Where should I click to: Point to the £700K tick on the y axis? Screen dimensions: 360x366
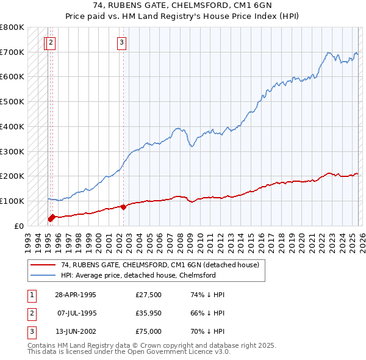coord(12,52)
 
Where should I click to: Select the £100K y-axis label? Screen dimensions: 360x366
coord(12,201)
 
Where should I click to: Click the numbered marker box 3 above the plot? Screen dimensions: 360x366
coord(122,42)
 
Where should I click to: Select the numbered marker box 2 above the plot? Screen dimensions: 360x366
coord(51,42)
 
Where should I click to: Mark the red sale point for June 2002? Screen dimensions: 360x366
coord(123,207)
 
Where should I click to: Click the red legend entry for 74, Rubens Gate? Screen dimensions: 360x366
coord(160,265)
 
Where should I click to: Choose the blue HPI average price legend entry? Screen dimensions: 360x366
coord(138,275)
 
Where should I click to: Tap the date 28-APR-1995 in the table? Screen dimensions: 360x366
coord(75,294)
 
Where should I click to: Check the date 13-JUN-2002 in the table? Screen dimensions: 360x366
coord(75,333)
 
